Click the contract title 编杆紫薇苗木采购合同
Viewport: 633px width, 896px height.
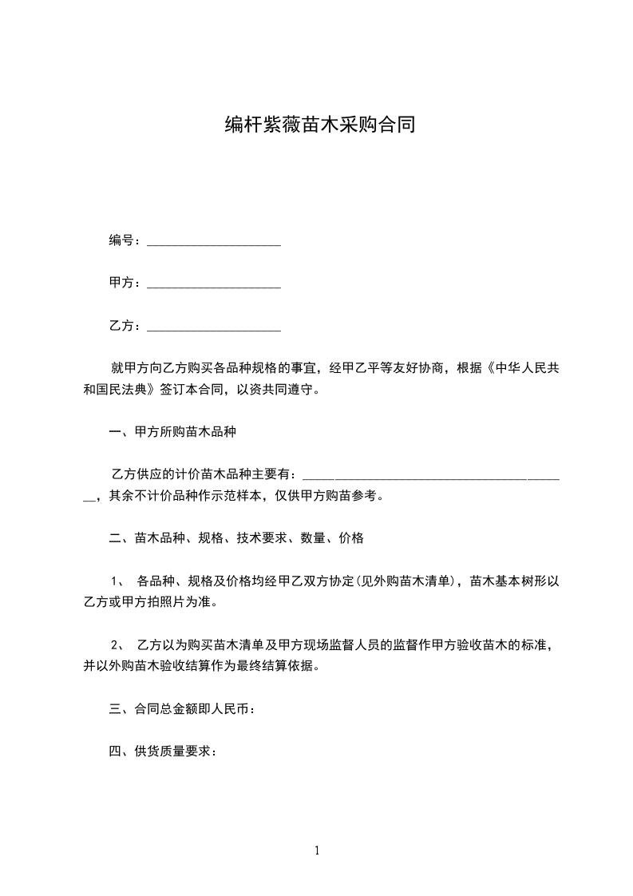[x=317, y=125]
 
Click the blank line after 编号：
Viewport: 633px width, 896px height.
[x=214, y=241]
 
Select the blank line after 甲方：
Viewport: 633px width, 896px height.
[x=214, y=283]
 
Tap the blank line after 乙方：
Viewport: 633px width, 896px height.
[x=214, y=327]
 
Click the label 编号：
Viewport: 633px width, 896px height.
[x=125, y=240]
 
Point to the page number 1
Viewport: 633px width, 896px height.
[x=317, y=850]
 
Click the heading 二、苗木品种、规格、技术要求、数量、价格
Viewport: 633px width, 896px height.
[x=236, y=539]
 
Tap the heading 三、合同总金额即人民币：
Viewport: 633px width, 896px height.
[x=182, y=708]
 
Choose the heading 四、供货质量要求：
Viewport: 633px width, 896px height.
[x=163, y=751]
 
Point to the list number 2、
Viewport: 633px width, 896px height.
[x=117, y=644]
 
